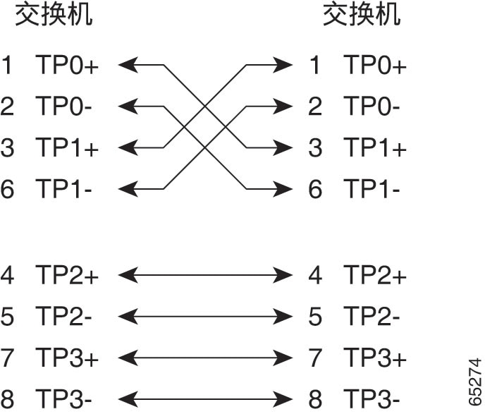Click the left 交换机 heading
tap(54, 15)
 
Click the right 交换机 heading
tap(362, 15)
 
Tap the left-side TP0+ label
tap(67, 65)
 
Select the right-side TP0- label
tap(372, 106)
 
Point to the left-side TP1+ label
tap(67, 147)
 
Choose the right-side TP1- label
tap(372, 189)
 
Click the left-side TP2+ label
tap(67, 275)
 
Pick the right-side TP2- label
tap(372, 316)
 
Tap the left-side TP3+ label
tap(67, 358)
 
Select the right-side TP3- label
tap(372, 399)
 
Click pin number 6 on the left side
tap(7, 189)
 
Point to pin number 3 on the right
tap(315, 147)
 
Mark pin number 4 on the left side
tap(7, 275)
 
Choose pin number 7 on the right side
tap(315, 358)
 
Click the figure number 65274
tap(475, 382)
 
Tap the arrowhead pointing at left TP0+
tap(128, 65)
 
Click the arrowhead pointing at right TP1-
tap(283, 189)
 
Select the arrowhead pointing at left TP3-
tap(128, 399)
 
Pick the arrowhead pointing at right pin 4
tap(283, 275)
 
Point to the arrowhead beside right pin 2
tap(283, 106)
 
